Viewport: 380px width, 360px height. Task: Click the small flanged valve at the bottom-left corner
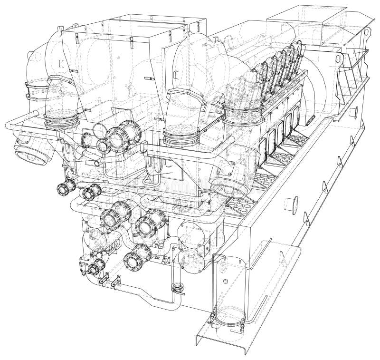click(x=93, y=268)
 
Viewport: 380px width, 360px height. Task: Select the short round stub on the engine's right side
click(x=291, y=205)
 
